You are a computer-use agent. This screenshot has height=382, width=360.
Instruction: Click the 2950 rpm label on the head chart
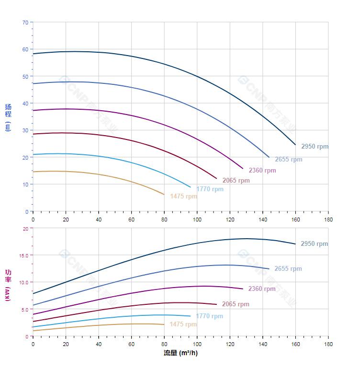(315, 147)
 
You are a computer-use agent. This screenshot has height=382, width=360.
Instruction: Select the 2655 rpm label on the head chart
(288, 160)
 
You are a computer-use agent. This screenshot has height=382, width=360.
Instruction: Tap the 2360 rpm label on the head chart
(262, 171)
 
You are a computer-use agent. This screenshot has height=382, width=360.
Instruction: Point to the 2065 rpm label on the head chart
(236, 181)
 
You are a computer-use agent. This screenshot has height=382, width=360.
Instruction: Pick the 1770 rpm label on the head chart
(210, 189)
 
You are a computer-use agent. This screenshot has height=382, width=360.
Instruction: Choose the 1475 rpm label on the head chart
(183, 197)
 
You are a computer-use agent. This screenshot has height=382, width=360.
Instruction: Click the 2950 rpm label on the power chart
(314, 244)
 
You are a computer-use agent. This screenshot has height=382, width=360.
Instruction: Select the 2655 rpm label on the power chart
(288, 269)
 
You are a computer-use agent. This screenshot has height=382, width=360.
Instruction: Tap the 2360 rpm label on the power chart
(261, 289)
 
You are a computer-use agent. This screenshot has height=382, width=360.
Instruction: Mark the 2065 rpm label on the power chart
(235, 304)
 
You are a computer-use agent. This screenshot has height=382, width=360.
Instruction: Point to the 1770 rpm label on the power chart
(209, 316)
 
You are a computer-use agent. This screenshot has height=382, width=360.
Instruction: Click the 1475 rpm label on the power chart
(183, 324)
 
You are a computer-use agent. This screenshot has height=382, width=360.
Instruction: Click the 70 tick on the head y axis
(25, 22)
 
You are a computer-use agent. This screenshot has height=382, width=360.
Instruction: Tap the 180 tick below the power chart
(328, 344)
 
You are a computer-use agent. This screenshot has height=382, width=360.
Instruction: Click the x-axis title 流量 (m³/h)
(180, 353)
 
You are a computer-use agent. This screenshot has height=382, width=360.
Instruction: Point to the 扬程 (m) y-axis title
(8, 117)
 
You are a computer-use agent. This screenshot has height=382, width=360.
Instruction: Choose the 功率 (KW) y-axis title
(8, 285)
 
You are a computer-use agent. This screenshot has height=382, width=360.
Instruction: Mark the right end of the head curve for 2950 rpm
(295, 145)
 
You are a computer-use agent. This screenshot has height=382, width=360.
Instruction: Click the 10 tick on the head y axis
(25, 185)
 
